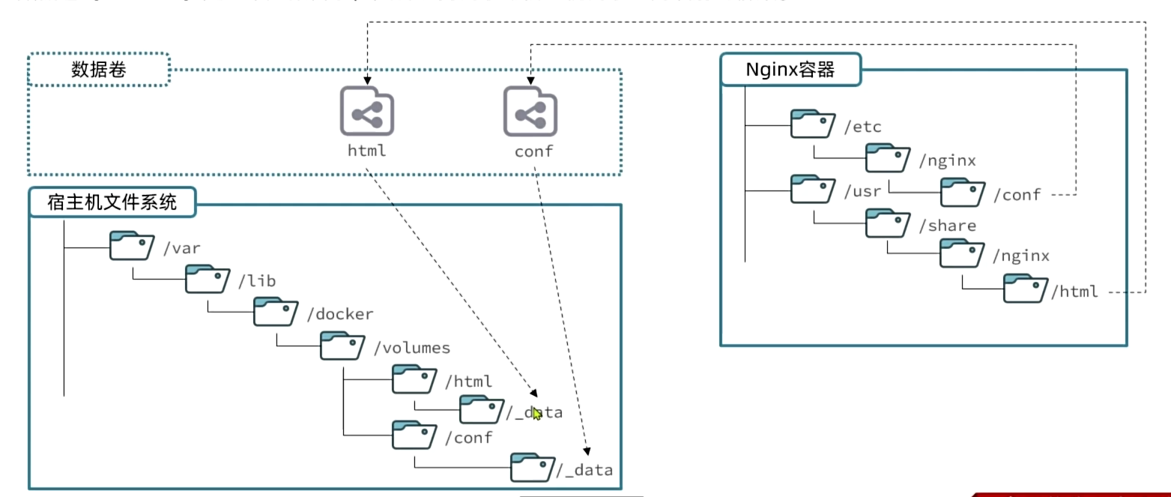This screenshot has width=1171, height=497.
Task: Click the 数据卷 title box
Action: (x=99, y=70)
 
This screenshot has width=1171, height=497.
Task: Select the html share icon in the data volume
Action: (x=367, y=112)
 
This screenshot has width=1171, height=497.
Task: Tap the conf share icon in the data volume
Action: (x=530, y=112)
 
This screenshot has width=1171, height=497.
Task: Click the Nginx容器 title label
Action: (x=790, y=70)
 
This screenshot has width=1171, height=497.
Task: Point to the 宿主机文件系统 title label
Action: (x=112, y=202)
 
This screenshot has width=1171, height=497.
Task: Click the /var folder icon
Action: (x=132, y=246)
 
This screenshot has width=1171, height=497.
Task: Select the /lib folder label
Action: (x=257, y=281)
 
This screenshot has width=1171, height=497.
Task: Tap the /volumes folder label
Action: (x=411, y=348)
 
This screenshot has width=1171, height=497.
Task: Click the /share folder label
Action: (x=946, y=226)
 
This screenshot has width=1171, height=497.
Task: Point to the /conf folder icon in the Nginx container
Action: (x=963, y=192)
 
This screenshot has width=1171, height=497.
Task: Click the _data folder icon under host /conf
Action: (x=533, y=467)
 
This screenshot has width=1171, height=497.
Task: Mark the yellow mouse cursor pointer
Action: (x=537, y=412)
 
